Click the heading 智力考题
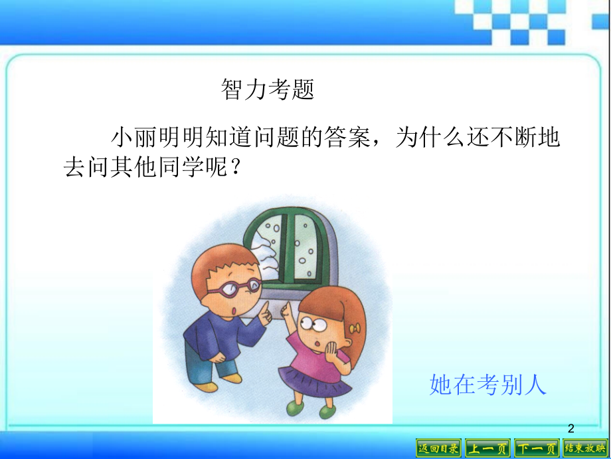pos(267,89)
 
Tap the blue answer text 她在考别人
pos(488,384)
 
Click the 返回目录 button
pos(438,448)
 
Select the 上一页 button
pos(487,448)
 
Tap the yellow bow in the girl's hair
pos(357,328)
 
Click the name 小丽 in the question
pos(125,138)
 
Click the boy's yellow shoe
pos(206,386)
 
